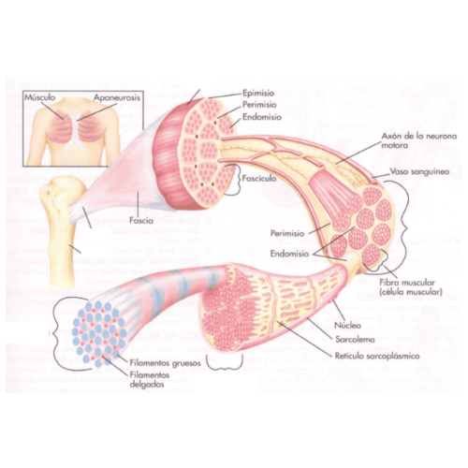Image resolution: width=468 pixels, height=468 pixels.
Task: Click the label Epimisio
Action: [258, 93]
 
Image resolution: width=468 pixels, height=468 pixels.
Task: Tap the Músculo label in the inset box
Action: [40, 97]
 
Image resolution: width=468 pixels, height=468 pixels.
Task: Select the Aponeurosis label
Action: [117, 97]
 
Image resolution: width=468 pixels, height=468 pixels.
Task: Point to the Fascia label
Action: [141, 221]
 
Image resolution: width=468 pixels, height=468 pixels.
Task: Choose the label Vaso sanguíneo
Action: [419, 171]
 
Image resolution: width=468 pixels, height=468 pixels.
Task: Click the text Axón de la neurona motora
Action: [419, 140]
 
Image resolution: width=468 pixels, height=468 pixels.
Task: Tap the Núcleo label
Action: [347, 325]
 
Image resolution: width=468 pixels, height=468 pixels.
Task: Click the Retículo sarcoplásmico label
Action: [377, 356]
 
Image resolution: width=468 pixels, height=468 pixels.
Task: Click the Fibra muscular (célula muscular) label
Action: [411, 287]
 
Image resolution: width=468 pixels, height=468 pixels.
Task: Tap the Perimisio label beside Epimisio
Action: [259, 104]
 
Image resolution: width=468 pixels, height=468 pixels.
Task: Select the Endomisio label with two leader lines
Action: [289, 254]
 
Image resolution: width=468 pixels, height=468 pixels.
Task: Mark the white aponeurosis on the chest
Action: [75, 128]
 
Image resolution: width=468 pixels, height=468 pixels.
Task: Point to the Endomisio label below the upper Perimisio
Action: [262, 117]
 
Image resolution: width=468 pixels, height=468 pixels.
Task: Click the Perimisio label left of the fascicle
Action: [287, 233]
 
